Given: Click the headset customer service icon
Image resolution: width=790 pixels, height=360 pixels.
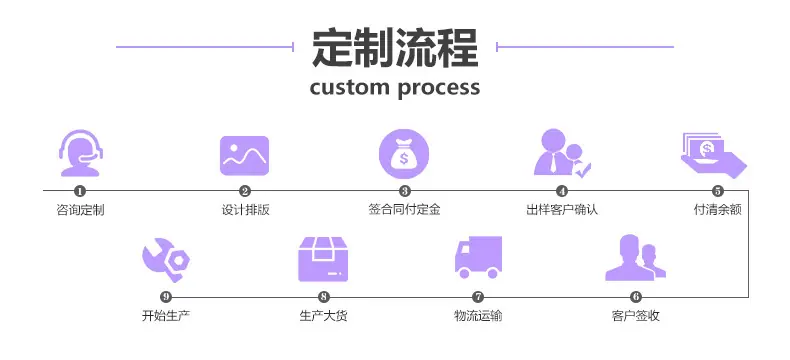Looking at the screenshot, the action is [80, 154].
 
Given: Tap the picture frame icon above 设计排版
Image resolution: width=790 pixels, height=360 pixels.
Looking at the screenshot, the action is [244, 156].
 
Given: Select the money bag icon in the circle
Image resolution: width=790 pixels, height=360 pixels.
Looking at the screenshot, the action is [404, 154].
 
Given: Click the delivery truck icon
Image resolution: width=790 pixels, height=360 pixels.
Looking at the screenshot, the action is [478, 257].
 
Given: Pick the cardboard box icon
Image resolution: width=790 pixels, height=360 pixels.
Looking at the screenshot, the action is [323, 259].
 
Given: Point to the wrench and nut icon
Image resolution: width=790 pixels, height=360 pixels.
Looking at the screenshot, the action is [166, 259].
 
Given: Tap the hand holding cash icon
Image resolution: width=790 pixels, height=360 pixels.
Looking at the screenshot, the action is [713, 156].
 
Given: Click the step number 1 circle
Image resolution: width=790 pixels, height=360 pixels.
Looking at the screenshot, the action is [80, 191].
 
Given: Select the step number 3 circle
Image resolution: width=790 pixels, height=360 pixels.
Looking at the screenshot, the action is [405, 191].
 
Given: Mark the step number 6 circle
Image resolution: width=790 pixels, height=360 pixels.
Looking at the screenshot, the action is [636, 297].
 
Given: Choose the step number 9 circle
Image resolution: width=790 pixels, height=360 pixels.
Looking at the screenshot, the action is [166, 297].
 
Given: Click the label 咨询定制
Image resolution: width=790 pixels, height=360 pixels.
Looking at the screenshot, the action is [80, 209].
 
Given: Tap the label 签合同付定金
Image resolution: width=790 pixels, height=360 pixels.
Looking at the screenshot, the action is [405, 209].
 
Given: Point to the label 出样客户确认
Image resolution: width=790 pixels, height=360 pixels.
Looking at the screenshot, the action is [562, 209].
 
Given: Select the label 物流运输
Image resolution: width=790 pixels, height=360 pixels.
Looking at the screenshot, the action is [478, 316].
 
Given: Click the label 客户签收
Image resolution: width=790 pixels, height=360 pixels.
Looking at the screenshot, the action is [636, 316].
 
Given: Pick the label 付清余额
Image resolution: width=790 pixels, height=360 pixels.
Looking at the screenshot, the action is [718, 209].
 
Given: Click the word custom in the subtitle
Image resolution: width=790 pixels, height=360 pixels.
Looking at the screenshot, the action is [350, 87].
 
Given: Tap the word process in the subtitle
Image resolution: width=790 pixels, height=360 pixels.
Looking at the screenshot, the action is [439, 89].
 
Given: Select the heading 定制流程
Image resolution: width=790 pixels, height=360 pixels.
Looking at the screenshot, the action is [395, 48].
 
